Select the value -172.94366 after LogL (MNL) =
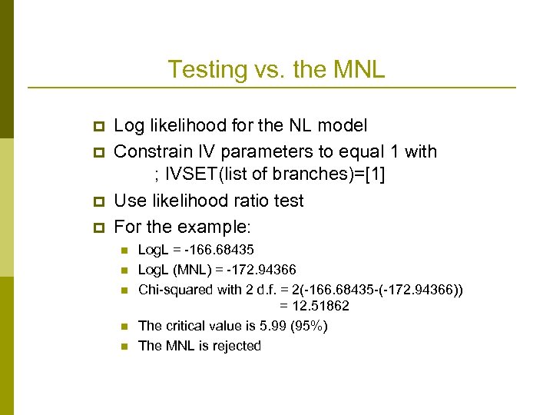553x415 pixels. coord(259,270)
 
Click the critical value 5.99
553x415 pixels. coord(268,326)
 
